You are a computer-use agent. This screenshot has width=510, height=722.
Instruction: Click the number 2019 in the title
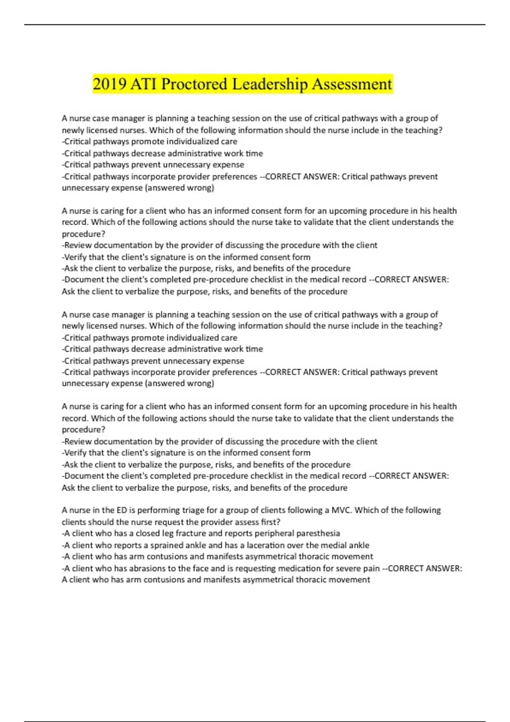[x=109, y=84]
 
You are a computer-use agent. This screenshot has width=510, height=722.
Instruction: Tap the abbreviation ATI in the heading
[x=144, y=84]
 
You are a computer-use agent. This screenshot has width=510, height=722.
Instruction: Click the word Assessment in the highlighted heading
[x=352, y=84]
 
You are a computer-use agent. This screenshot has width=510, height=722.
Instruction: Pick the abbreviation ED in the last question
[x=122, y=510]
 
